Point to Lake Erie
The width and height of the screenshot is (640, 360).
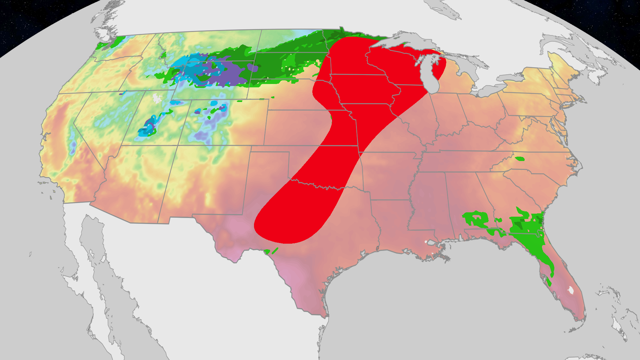tap(490, 89)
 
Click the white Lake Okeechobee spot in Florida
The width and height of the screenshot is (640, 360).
tap(571, 290)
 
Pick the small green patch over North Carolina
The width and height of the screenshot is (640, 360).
tap(520, 159)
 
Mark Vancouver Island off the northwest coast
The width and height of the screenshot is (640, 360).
tap(107, 25)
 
